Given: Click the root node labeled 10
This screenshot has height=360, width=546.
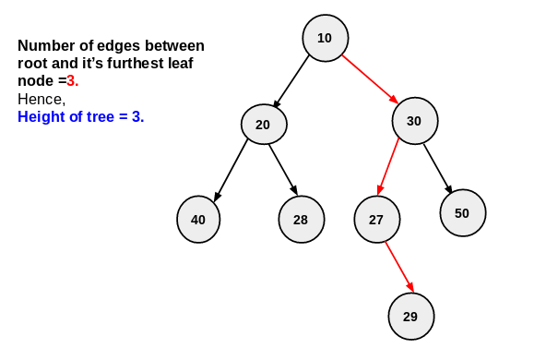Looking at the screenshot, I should (x=325, y=38).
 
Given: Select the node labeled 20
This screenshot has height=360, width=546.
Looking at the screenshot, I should (x=264, y=125).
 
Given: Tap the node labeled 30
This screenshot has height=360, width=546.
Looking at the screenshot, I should (x=414, y=121).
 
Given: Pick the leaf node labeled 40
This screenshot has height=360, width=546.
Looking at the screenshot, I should (x=198, y=220).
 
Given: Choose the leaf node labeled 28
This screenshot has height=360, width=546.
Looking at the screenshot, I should (x=301, y=220).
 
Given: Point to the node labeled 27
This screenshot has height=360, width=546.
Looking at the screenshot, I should (x=376, y=220).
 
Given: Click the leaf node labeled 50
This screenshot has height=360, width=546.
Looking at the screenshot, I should (x=462, y=213).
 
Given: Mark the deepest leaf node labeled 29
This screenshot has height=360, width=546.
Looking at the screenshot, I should (x=410, y=317).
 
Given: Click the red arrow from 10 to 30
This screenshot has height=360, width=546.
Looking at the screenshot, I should (x=369, y=79).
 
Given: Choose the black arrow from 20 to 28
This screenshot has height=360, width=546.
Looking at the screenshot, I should (x=283, y=170).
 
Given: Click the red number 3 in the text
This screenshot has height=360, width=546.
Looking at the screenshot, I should (x=72, y=81).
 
